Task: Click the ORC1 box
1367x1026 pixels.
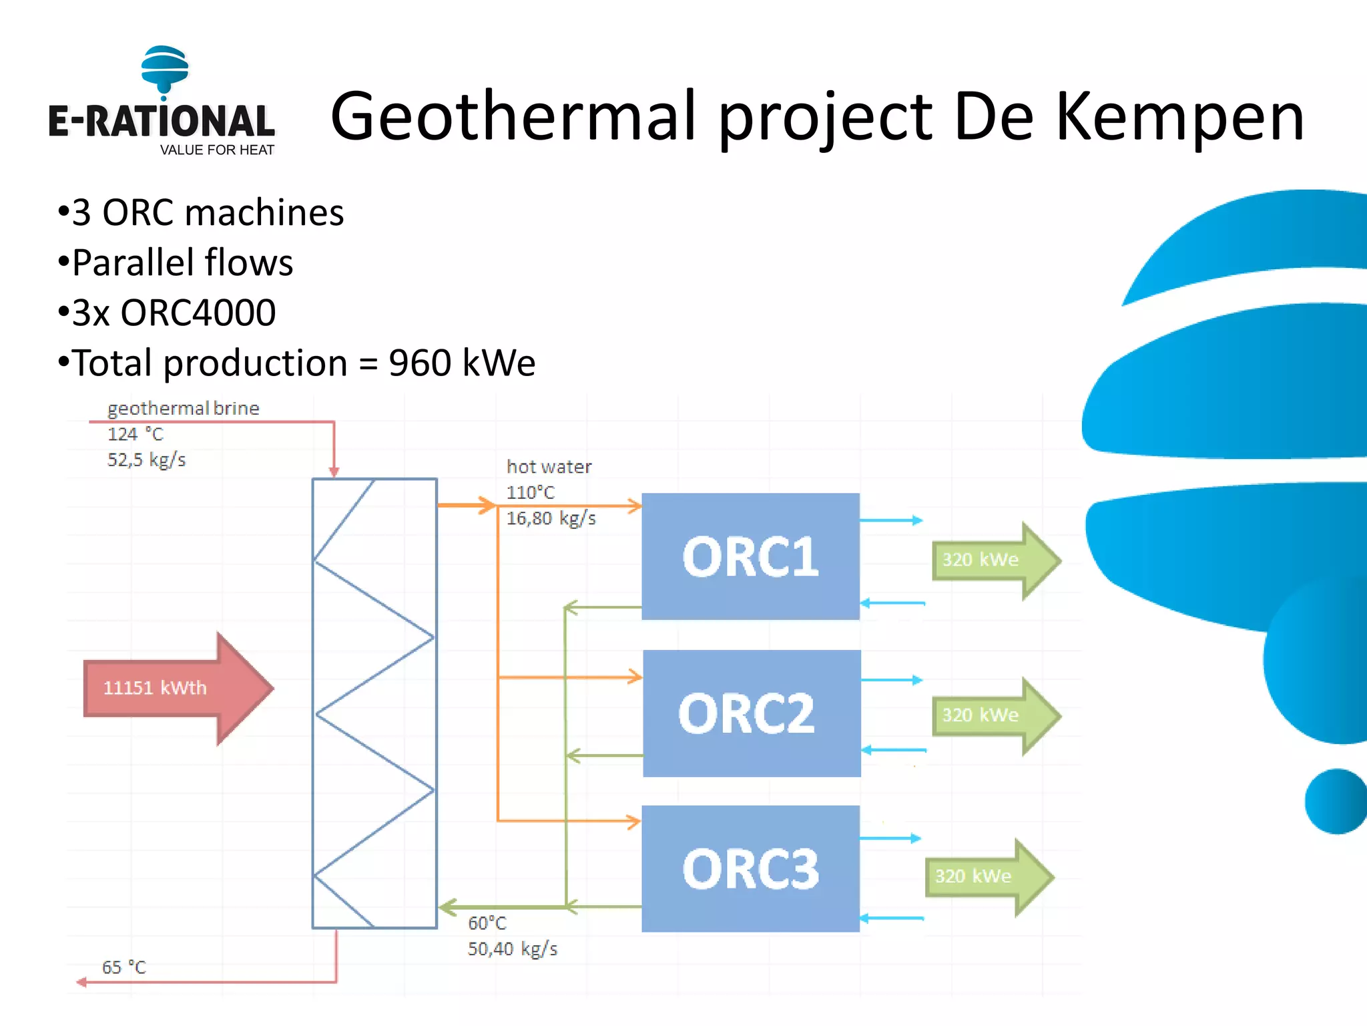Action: [x=750, y=556]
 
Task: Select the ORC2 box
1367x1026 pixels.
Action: [x=752, y=713]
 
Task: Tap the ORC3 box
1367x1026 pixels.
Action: [x=750, y=868]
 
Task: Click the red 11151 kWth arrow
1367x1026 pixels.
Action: [x=177, y=688]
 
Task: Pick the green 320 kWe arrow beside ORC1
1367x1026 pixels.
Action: [x=995, y=560]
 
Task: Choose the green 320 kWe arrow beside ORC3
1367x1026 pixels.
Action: [x=988, y=876]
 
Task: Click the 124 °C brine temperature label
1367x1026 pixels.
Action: [x=135, y=434]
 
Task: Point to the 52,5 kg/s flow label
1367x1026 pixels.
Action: [x=146, y=460]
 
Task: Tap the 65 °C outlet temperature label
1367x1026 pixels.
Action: [x=124, y=967]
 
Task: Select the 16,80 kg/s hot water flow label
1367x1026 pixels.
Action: [x=551, y=518]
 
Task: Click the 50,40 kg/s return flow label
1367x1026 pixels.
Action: [x=512, y=949]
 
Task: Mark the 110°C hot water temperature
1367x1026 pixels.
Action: [x=530, y=492]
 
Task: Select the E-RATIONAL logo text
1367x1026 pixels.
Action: [x=162, y=122]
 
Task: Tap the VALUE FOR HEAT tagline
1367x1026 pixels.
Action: [x=217, y=150]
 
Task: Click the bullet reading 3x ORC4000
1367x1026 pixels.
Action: [x=174, y=313]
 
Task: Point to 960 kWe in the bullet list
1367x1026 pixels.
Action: [x=462, y=363]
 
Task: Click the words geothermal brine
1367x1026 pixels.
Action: [x=183, y=408]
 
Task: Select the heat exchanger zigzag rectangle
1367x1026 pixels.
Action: [x=374, y=703]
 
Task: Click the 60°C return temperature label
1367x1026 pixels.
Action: [x=487, y=923]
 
